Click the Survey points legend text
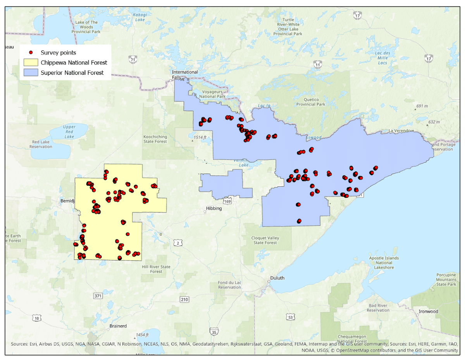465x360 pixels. point(59,52)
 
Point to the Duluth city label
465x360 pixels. point(277,278)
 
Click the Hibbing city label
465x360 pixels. point(214,208)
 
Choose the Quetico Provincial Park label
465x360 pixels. point(310,102)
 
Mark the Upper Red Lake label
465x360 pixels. point(69,132)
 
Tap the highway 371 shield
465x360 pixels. point(98,296)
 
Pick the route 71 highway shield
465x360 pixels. point(133,60)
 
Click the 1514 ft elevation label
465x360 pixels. point(201,137)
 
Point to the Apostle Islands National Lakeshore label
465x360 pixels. point(384,263)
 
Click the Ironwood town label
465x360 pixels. point(428,312)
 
